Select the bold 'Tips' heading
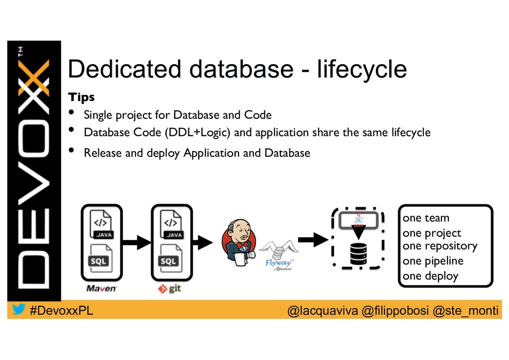81,96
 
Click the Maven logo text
101,288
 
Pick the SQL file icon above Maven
100,259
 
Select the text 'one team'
425,218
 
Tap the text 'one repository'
439,246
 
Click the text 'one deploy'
430,276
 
